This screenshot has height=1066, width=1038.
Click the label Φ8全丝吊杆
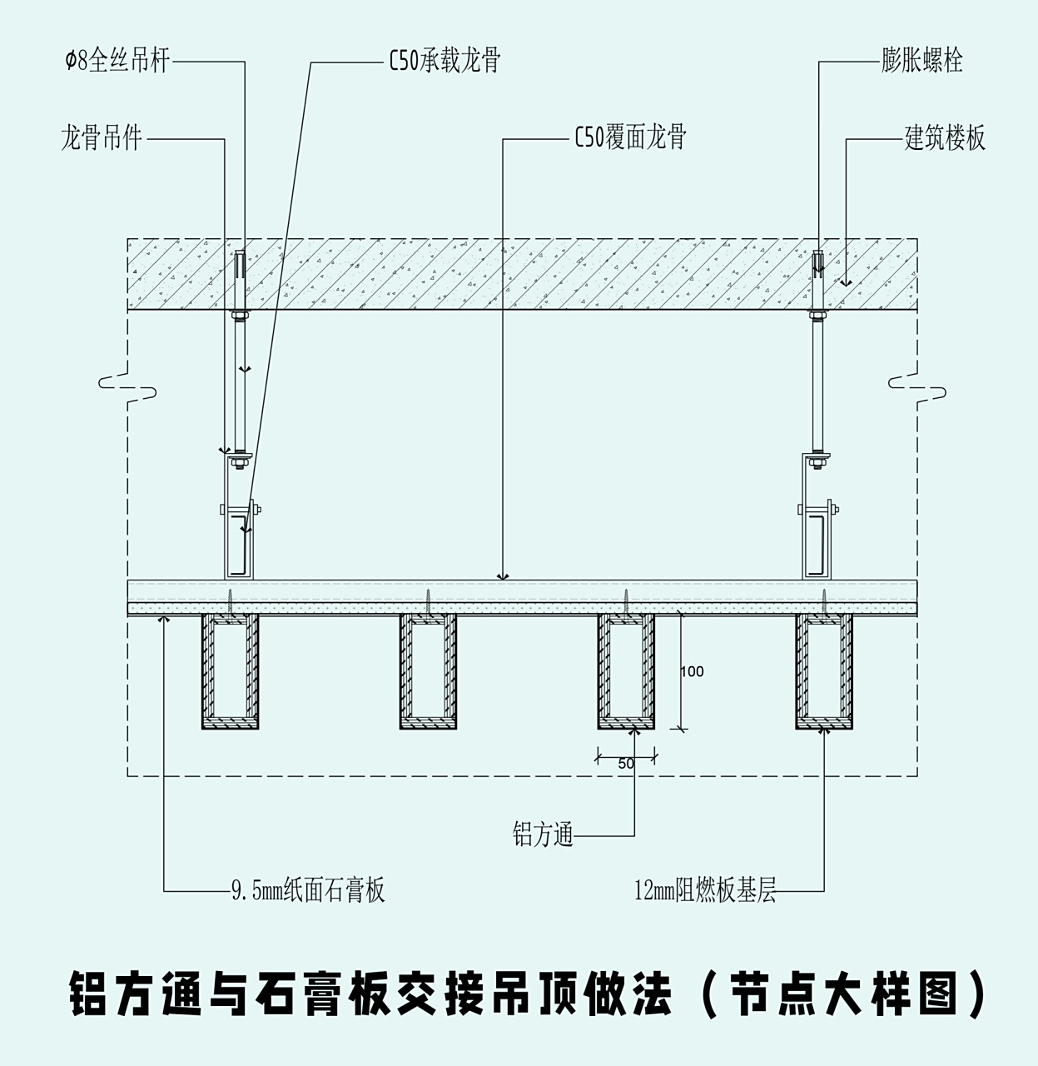(117, 62)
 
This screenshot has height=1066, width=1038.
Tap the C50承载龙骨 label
(445, 61)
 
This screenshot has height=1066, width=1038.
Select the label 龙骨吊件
(102, 138)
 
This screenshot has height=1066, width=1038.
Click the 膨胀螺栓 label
(921, 61)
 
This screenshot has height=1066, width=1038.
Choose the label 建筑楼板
(945, 137)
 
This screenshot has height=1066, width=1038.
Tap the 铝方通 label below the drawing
(543, 834)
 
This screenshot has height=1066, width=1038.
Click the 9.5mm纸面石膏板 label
(308, 891)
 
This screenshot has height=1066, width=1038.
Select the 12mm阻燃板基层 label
(705, 891)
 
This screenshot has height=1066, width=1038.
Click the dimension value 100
(692, 671)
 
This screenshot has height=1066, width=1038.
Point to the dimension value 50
(627, 763)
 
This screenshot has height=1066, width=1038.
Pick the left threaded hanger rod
(241, 383)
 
